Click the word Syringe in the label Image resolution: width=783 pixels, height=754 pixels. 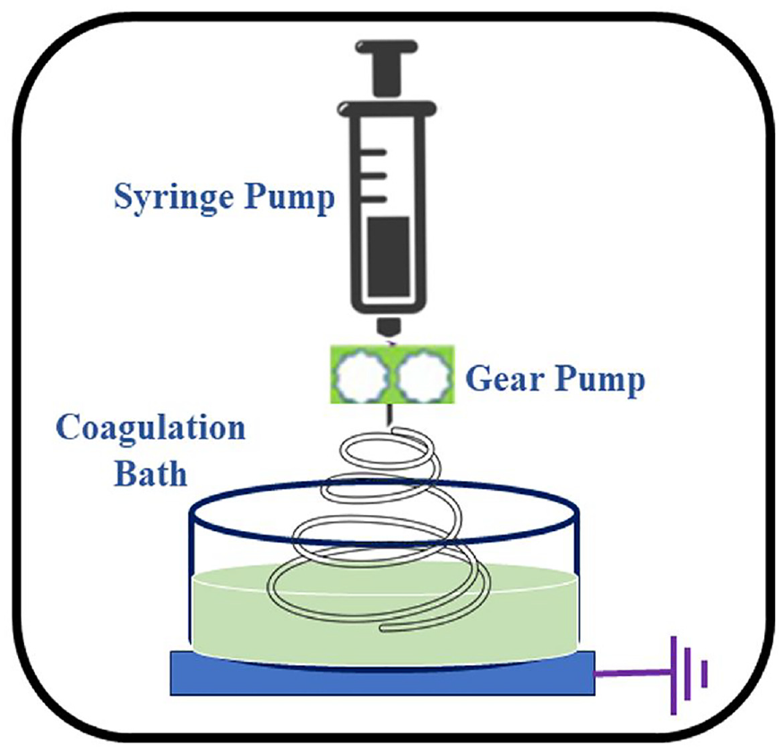pyautogui.click(x=174, y=198)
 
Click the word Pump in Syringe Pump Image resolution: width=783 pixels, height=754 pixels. pyautogui.click(x=289, y=198)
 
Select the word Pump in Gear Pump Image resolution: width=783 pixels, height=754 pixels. pyautogui.click(x=599, y=381)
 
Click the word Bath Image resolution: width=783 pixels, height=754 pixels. pyautogui.click(x=151, y=473)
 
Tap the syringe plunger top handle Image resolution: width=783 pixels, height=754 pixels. pyautogui.click(x=386, y=47)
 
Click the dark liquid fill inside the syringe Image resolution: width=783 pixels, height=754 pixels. pyautogui.click(x=389, y=256)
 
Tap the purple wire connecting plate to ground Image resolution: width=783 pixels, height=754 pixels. pyautogui.click(x=632, y=673)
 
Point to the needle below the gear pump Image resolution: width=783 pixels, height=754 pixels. pyautogui.click(x=389, y=415)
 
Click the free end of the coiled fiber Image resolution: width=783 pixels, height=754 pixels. pyautogui.click(x=384, y=629)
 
